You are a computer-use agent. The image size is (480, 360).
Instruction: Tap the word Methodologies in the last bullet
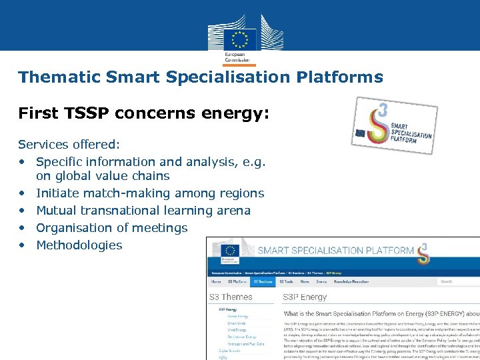pyautogui.click(x=79, y=245)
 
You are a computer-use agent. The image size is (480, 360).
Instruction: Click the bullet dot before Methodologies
pyautogui.click(x=23, y=245)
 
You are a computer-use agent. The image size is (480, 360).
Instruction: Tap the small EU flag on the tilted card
pyautogui.click(x=361, y=132)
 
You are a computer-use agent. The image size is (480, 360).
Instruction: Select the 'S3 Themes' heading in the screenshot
pyautogui.click(x=231, y=297)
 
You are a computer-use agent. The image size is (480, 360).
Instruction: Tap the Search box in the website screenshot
pyautogui.click(x=459, y=282)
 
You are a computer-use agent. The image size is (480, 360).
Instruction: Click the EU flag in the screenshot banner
pyautogui.click(x=230, y=251)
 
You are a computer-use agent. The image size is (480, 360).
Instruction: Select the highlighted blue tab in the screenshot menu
pyautogui.click(x=263, y=282)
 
